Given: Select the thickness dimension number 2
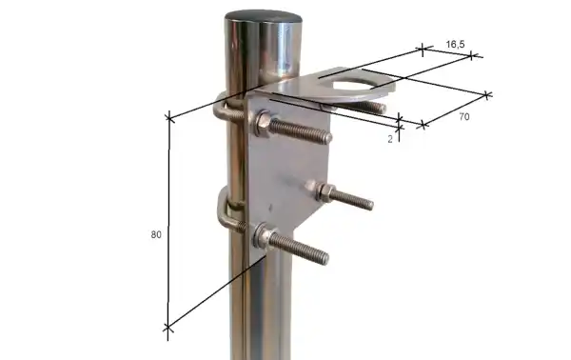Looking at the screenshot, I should (x=390, y=138).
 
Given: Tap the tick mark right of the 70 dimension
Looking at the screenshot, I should (x=488, y=94).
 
